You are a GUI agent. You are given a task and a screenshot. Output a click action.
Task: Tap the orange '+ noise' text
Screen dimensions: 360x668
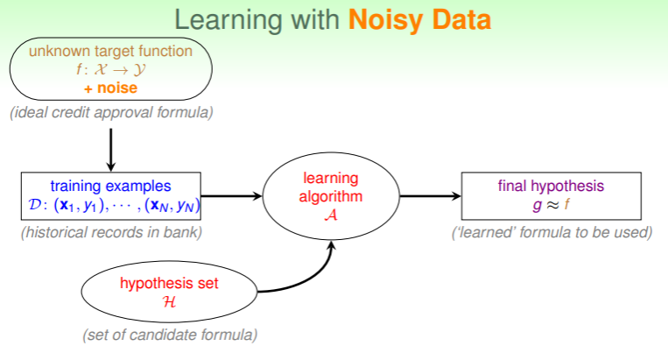click(110, 88)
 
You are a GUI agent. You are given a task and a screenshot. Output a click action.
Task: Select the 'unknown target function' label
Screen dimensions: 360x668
click(110, 52)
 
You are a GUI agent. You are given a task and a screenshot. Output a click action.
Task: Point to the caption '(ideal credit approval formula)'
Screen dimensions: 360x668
click(111, 113)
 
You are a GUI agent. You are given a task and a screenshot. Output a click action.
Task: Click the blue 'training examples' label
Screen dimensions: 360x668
click(110, 186)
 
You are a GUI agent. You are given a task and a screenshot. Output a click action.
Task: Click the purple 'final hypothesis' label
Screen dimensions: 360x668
click(552, 186)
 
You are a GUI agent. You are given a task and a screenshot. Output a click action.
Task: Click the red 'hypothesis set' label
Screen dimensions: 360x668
click(169, 283)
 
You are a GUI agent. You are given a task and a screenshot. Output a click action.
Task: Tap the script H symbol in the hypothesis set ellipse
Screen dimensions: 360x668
click(169, 302)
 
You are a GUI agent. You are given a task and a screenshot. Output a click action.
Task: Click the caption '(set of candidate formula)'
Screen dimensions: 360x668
click(170, 335)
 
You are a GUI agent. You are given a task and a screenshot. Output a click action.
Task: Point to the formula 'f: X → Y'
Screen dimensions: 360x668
click(110, 70)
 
